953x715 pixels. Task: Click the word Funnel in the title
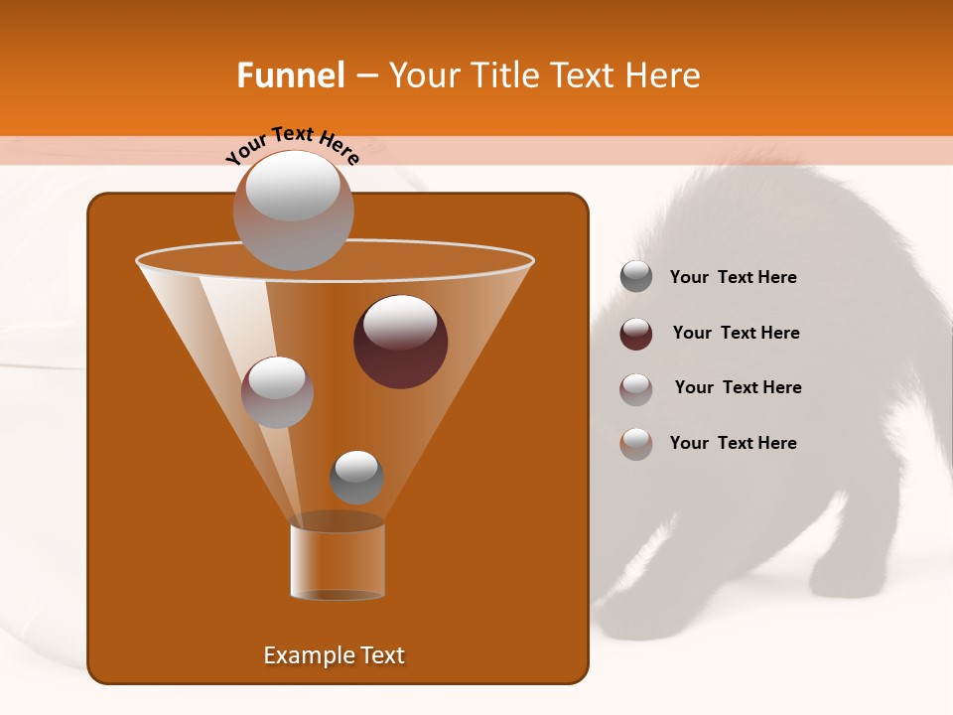click(290, 75)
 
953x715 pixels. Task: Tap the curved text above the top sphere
click(292, 146)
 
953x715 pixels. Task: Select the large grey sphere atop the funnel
click(293, 210)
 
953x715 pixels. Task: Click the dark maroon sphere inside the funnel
click(400, 342)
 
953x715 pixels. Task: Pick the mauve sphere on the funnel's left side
click(277, 392)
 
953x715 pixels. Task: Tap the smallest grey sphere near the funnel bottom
click(356, 478)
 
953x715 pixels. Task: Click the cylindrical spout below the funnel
click(338, 562)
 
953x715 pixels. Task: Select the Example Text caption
click(334, 655)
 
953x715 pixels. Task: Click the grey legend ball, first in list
click(636, 277)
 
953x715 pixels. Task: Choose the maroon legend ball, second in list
click(636, 334)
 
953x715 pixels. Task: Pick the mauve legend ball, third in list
click(636, 388)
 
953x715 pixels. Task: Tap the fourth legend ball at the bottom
click(636, 444)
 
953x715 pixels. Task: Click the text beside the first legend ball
click(733, 278)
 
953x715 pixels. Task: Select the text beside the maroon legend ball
click(736, 334)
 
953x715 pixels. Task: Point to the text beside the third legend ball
click(738, 388)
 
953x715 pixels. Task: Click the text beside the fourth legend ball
click(733, 444)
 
